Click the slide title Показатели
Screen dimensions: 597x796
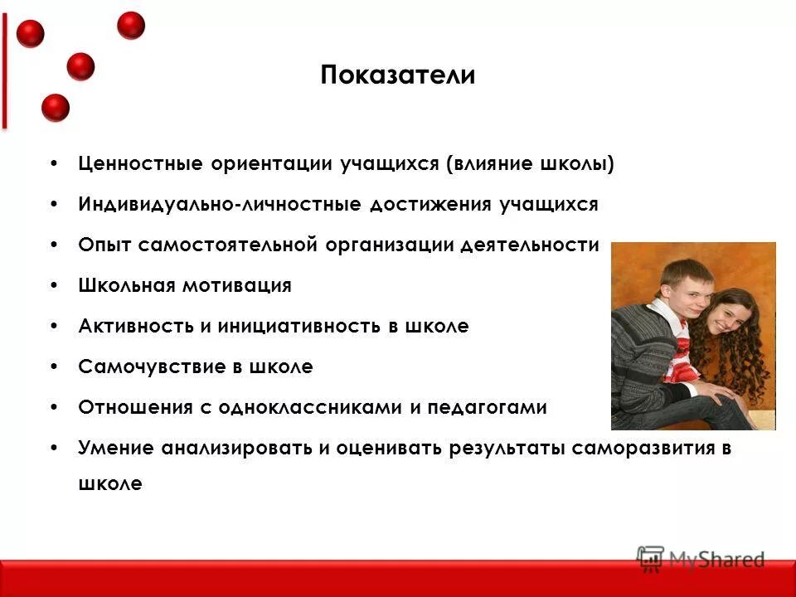[397, 75]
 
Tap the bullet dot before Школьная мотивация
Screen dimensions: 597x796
[54, 286]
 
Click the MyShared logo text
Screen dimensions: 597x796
[716, 560]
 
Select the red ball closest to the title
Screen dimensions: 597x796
[131, 26]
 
